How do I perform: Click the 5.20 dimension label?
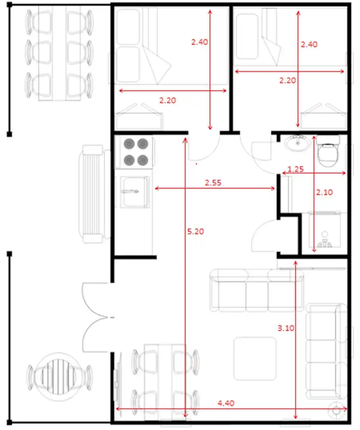[196, 231]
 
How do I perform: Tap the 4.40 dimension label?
[226, 403]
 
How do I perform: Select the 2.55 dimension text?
[213, 183]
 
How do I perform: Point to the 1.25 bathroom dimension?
[296, 169]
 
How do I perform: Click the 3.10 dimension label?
[286, 328]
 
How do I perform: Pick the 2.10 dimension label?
[324, 192]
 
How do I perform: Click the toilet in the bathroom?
[328, 151]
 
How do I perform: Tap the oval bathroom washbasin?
[298, 143]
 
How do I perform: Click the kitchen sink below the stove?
[135, 192]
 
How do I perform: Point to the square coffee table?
[255, 359]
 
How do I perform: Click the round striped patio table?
[59, 376]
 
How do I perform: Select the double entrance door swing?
[96, 318]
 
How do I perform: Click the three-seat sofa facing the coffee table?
[257, 291]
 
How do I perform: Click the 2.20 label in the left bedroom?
[168, 100]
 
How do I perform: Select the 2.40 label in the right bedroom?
[309, 45]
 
